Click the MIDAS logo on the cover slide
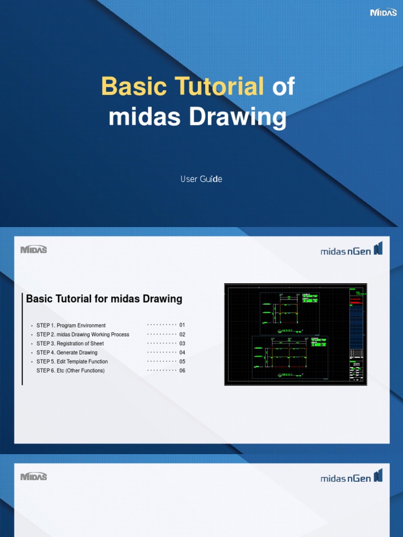tap(383, 13)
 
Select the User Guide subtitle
tap(201, 179)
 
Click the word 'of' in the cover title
tap(283, 87)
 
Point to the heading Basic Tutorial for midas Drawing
tap(104, 299)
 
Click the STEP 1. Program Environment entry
tap(71, 326)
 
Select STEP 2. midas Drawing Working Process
tap(82, 335)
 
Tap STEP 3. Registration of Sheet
tap(70, 343)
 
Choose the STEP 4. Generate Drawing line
tap(67, 352)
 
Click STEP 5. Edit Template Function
tap(72, 362)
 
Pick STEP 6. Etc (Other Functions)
tap(70, 371)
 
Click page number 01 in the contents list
tap(182, 325)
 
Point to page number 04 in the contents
tap(182, 352)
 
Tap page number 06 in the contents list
tap(182, 371)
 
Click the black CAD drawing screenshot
tap(295, 335)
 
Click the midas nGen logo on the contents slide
tap(351, 250)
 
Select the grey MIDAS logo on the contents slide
tap(34, 250)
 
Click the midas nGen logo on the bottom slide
tap(351, 477)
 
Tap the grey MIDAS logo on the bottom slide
tap(34, 477)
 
